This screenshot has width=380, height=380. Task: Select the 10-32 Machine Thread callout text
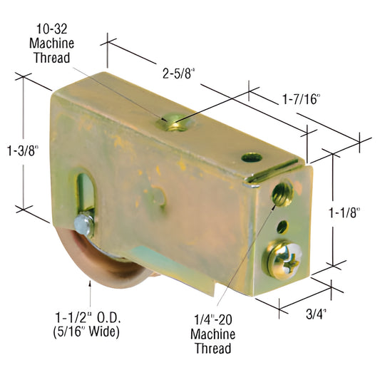51,43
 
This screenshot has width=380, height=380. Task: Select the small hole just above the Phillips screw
283,226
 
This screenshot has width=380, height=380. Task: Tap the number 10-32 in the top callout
51,29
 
